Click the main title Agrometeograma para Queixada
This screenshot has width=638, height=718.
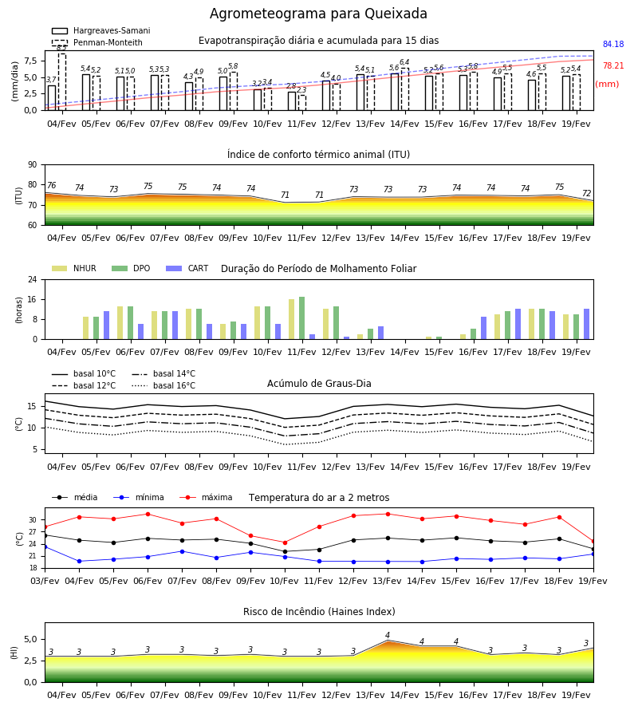click(318, 14)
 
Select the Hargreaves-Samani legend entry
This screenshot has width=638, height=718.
click(100, 30)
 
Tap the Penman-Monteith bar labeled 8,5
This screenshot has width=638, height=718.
click(61, 82)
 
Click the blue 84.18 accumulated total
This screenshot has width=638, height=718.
click(613, 44)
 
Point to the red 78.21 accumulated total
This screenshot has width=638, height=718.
click(613, 65)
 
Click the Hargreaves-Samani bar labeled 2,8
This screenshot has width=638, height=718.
click(292, 101)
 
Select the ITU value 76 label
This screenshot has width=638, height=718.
click(51, 185)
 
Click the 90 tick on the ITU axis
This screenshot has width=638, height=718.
click(33, 165)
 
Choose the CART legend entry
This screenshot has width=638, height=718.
click(187, 268)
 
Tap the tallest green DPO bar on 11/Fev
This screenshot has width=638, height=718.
click(301, 318)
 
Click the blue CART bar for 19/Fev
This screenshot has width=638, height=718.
click(586, 324)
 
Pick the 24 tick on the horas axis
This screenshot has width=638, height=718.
click(33, 279)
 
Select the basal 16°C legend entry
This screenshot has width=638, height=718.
click(163, 385)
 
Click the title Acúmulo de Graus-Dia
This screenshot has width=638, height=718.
click(319, 383)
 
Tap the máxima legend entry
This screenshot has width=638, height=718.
click(206, 497)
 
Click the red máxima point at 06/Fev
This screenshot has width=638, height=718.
click(148, 514)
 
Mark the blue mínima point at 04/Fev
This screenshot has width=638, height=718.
click(79, 561)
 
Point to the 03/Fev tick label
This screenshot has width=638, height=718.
click(45, 581)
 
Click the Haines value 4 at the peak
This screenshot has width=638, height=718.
click(388, 635)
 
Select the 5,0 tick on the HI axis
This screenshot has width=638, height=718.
click(31, 639)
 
